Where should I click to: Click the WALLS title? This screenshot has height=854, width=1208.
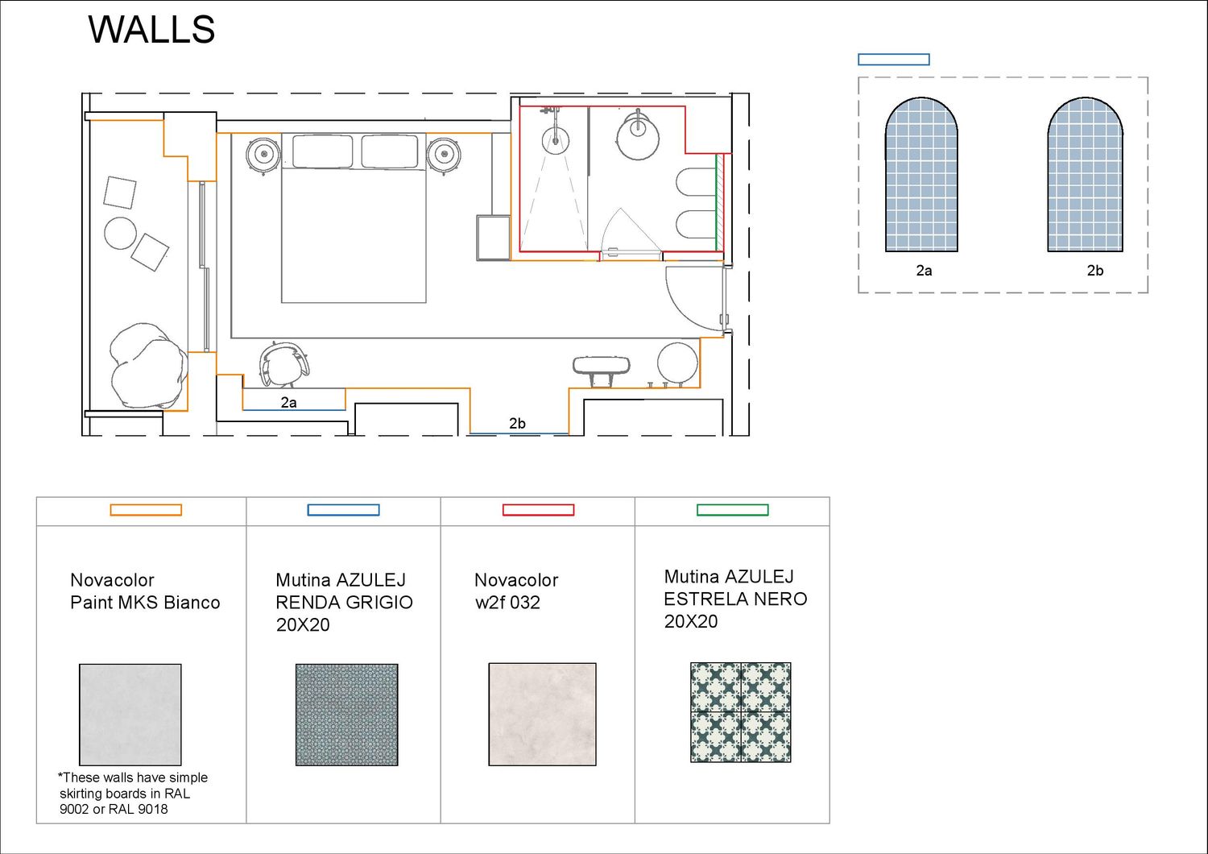[x=151, y=30]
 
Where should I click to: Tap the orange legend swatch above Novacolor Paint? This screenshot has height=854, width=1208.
[x=146, y=510]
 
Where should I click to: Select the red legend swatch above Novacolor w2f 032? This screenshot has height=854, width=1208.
[x=538, y=510]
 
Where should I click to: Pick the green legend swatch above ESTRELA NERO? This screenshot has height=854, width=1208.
[x=732, y=510]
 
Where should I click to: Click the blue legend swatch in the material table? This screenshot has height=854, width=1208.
[x=344, y=510]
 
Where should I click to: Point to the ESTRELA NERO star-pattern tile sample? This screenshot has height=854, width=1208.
[x=740, y=712]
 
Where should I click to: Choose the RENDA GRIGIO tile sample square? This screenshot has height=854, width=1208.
[x=347, y=715]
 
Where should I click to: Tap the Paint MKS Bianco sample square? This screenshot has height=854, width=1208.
[x=130, y=715]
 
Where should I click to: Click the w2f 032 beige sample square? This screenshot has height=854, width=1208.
[x=543, y=715]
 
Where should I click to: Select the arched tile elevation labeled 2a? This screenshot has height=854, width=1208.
[x=921, y=174]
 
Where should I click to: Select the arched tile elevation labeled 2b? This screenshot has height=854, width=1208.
[x=1086, y=174]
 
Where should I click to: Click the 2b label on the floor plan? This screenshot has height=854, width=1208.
[x=517, y=424]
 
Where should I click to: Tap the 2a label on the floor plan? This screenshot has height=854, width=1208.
[x=288, y=403]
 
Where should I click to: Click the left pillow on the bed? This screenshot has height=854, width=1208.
[x=322, y=151]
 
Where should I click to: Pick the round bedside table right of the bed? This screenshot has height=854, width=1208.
[x=444, y=155]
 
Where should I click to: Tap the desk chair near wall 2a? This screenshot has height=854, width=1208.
[x=284, y=364]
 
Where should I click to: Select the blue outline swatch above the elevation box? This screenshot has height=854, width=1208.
[x=894, y=60]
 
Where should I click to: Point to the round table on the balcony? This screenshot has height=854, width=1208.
[x=120, y=233]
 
